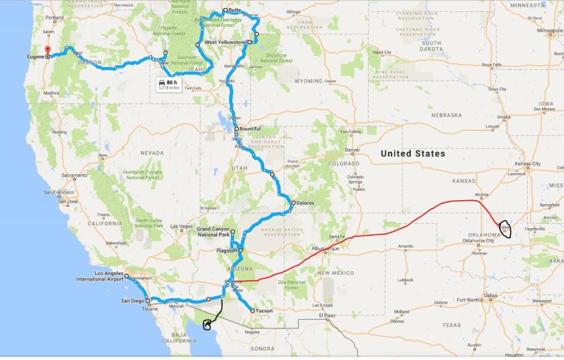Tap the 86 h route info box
click(x=168, y=84)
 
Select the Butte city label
click(x=234, y=10)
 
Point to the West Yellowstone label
click(x=224, y=42)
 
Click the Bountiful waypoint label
click(x=250, y=128)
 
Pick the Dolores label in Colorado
click(x=305, y=203)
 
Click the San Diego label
click(x=132, y=300)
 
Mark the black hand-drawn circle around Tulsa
click(x=505, y=230)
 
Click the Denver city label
click(x=353, y=150)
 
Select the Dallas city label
click(x=490, y=295)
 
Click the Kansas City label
click(x=528, y=164)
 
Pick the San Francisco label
click(x=60, y=193)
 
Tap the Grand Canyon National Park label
click(x=214, y=232)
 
